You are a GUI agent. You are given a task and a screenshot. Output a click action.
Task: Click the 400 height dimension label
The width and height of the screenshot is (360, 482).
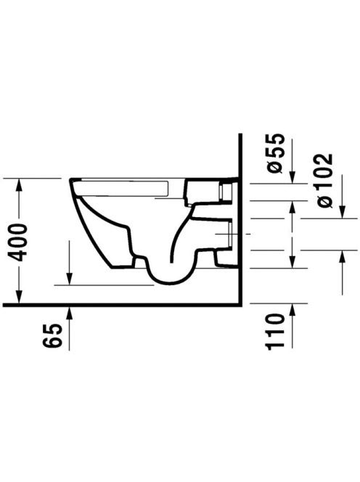pyautogui.click(x=18, y=242)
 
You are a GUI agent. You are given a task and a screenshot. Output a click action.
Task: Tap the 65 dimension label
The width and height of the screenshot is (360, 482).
pyautogui.click(x=52, y=336)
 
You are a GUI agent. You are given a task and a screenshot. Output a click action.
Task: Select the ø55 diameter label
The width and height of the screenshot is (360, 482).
pyautogui.click(x=274, y=153)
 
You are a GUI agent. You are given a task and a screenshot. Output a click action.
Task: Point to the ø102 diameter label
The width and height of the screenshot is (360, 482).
pyautogui.click(x=324, y=180)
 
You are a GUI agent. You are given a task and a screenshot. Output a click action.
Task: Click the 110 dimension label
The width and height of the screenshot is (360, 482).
pyautogui.click(x=274, y=332)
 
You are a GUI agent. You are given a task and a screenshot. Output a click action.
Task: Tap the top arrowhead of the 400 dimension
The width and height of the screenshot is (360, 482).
pyautogui.click(x=19, y=185)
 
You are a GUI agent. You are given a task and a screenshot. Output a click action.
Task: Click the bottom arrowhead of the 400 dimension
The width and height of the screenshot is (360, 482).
pyautogui.click(x=19, y=296)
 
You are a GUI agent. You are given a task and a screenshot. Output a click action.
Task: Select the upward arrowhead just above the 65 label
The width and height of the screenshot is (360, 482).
pyautogui.click(x=70, y=314)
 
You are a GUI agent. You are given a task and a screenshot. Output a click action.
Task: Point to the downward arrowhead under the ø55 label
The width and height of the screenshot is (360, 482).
pyautogui.click(x=292, y=176)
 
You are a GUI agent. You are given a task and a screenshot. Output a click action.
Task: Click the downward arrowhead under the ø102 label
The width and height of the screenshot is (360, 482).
pyautogui.click(x=342, y=211)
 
